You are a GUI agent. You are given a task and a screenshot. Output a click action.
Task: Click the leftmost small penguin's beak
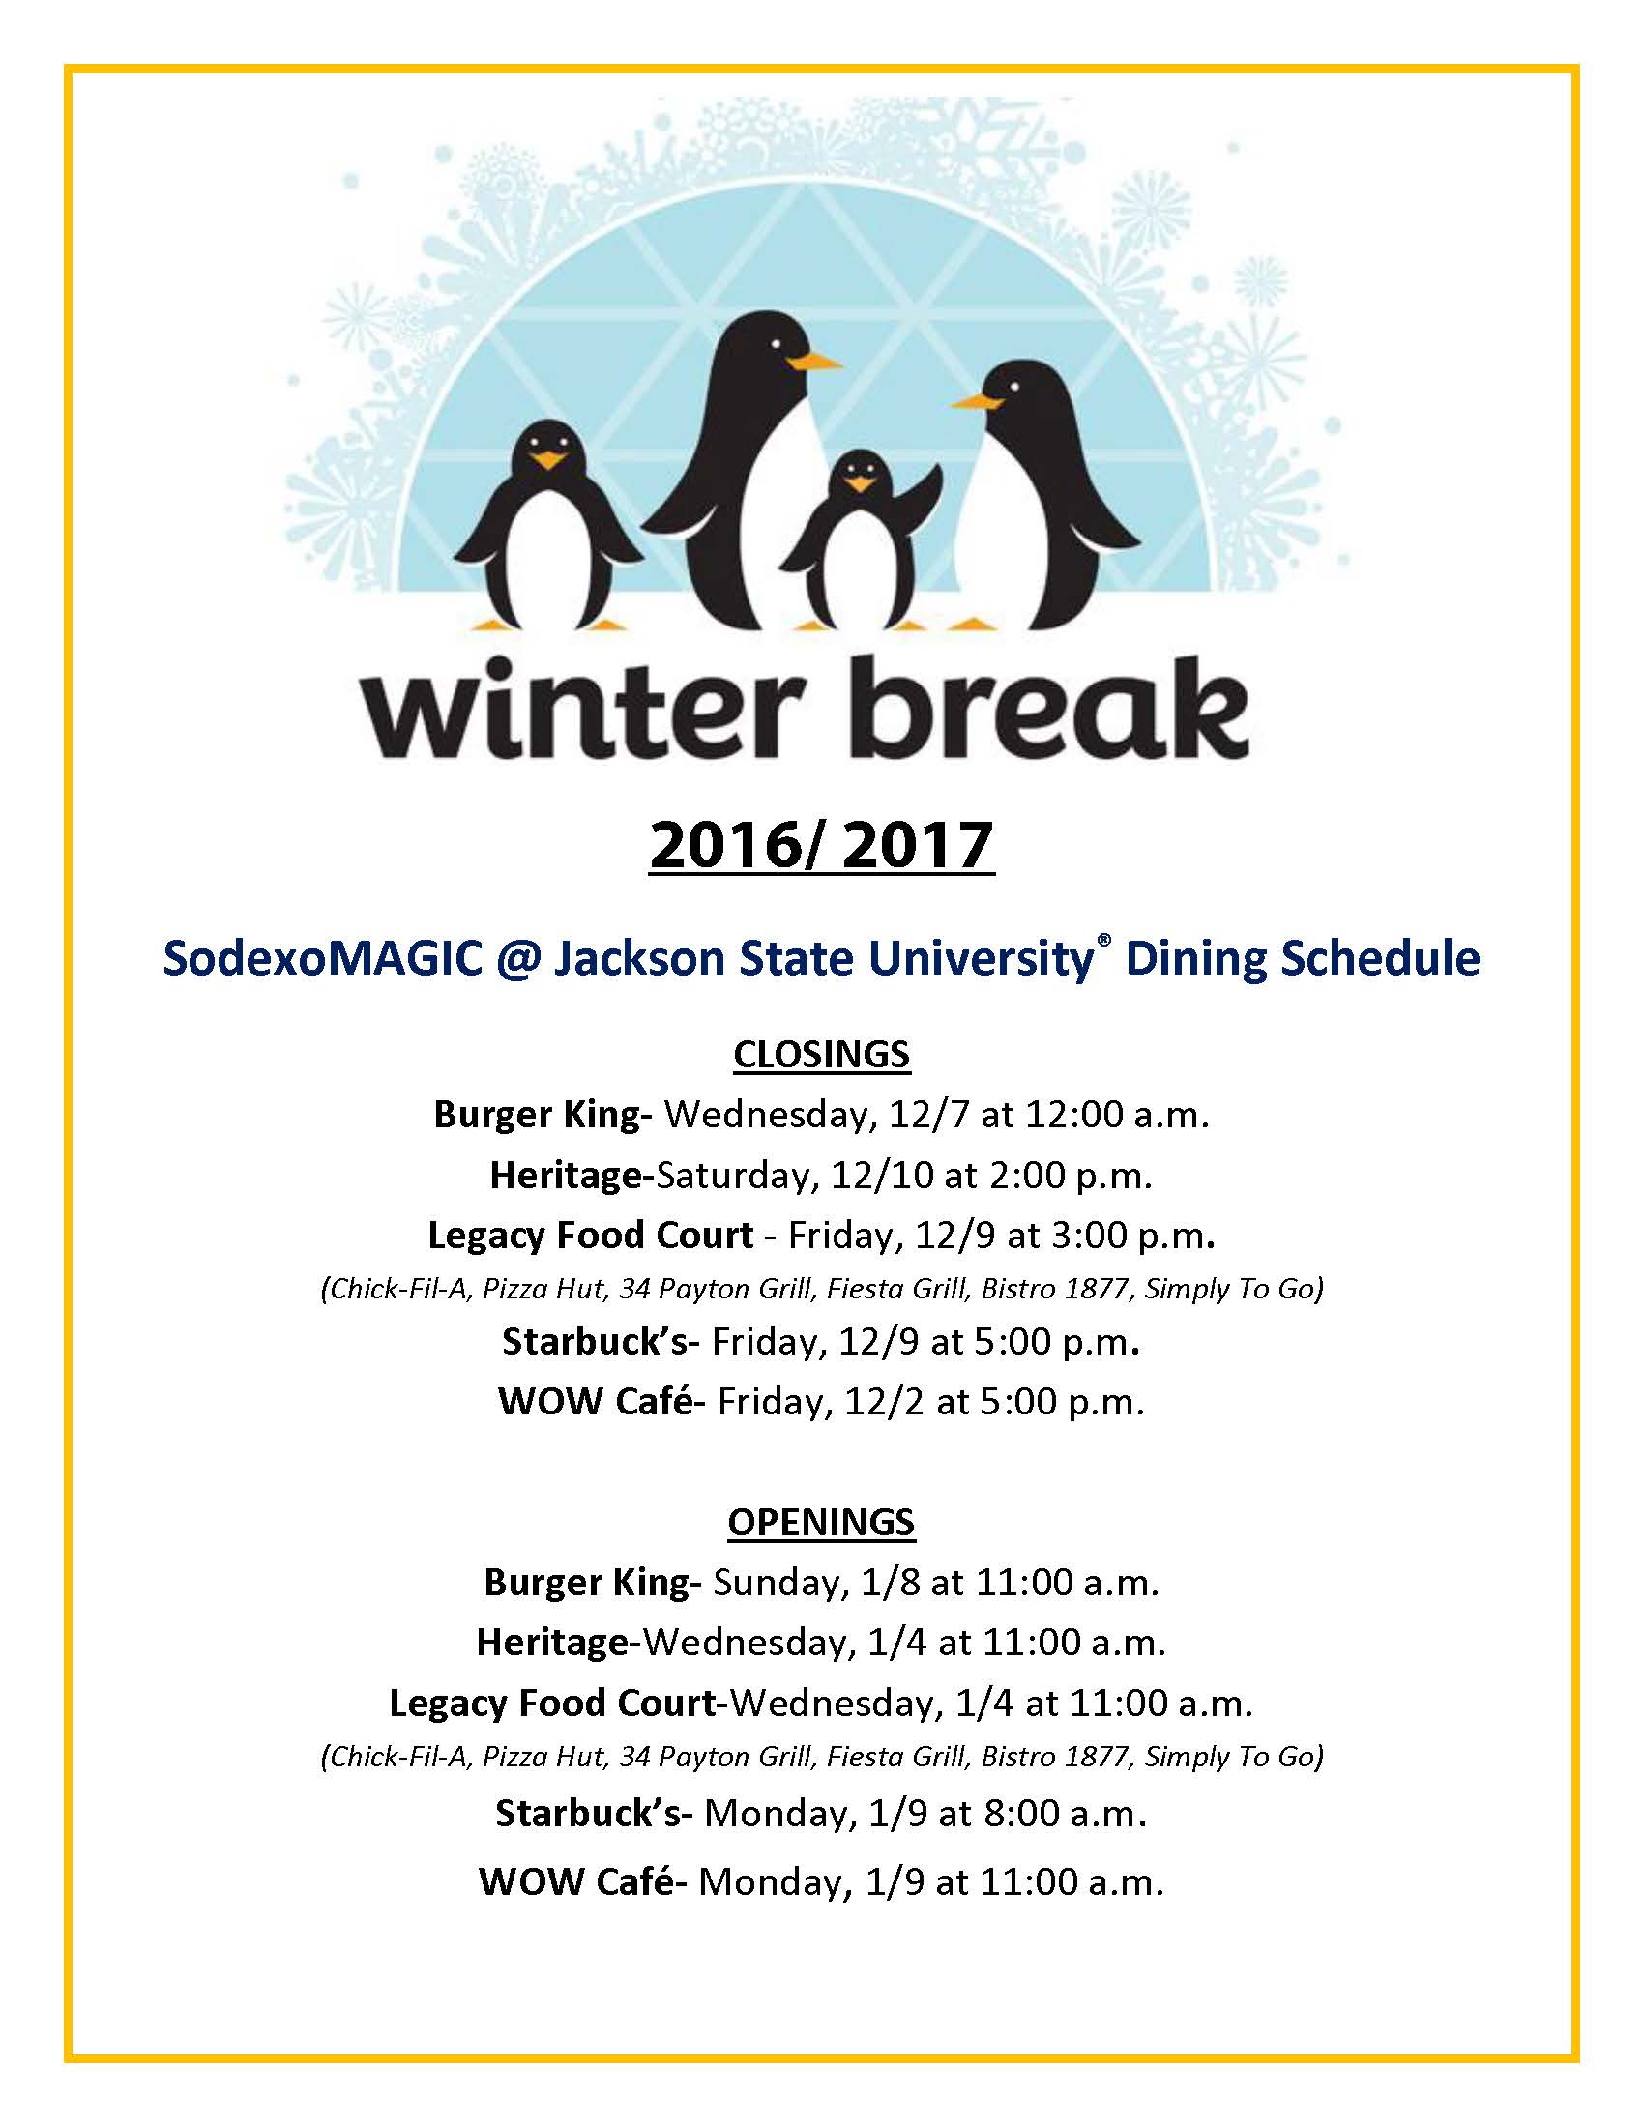(x=549, y=459)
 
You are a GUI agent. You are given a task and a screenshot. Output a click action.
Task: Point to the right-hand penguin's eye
(x=1014, y=388)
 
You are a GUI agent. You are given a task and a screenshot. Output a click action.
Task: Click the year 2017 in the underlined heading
(x=917, y=844)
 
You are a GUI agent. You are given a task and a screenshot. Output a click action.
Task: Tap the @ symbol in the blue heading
(x=518, y=958)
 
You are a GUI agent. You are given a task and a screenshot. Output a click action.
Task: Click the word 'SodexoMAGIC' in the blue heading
(x=322, y=958)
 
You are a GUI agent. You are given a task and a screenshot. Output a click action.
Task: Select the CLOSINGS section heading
(x=821, y=1055)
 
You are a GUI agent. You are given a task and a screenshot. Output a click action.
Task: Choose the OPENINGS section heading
(x=821, y=1522)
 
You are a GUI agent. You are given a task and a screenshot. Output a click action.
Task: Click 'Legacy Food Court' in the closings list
(x=590, y=1235)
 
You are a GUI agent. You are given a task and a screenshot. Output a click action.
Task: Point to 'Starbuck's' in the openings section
(x=592, y=1814)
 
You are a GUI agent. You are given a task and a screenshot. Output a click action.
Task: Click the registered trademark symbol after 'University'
(x=1103, y=940)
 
